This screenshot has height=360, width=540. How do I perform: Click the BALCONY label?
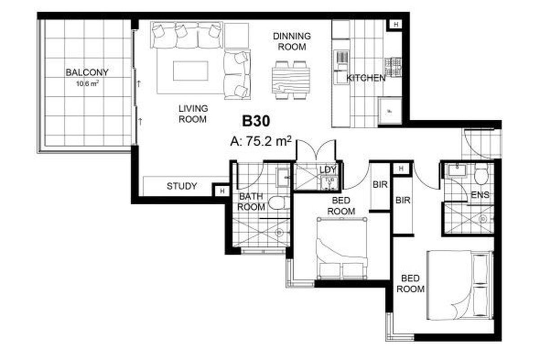tap(87, 72)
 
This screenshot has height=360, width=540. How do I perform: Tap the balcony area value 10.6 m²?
tap(88, 83)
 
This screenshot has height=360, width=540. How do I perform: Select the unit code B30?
tap(256, 121)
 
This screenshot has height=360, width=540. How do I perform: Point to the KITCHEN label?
tap(365, 78)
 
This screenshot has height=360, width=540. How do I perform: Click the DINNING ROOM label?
tap(291, 41)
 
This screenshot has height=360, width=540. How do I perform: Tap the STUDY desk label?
tap(181, 186)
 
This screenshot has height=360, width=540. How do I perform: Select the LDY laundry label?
tap(327, 170)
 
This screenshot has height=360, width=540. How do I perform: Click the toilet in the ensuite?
tap(481, 175)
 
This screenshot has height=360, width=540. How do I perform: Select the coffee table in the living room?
tap(191, 71)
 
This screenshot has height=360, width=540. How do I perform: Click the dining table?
tap(291, 80)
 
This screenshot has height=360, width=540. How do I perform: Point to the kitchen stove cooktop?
tap(392, 67)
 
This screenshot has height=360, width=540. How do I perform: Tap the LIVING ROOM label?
tap(193, 114)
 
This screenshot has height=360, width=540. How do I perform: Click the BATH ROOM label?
tap(251, 202)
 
